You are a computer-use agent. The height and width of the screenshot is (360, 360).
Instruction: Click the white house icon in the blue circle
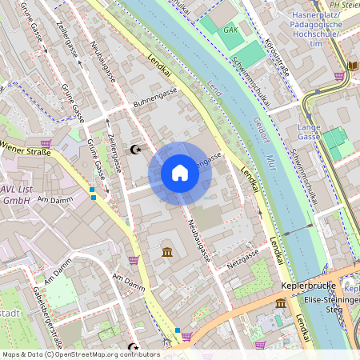coord(179,173)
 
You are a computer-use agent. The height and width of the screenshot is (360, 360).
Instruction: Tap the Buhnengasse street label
coord(155,100)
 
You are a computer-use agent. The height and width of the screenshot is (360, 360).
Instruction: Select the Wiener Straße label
coord(24,147)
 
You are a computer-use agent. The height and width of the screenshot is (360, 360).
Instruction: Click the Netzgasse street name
coord(243,258)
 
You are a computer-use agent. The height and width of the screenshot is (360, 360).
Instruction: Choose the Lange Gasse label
coord(309,132)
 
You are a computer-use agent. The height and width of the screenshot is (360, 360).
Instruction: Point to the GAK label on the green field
coord(232,30)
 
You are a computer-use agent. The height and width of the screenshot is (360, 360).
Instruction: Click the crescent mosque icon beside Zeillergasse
coord(136,149)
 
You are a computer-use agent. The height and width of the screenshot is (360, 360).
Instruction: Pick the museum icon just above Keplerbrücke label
coord(281,304)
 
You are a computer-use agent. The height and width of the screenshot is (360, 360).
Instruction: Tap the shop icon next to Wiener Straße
coord(46,145)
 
